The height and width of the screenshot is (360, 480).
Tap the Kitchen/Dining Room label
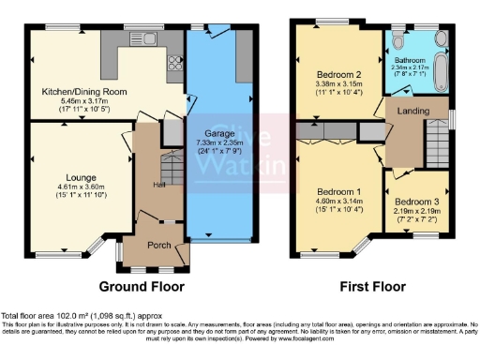pos(82,91)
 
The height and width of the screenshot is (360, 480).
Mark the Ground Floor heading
pos(143,287)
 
